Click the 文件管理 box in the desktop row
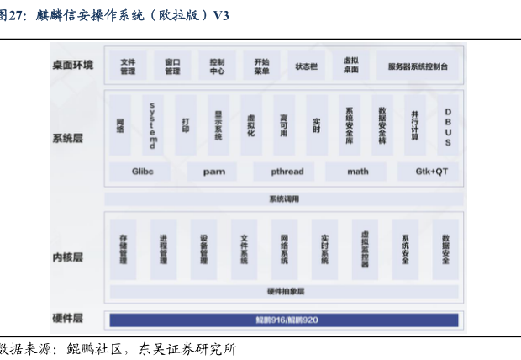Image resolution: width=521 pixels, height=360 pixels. click(128, 66)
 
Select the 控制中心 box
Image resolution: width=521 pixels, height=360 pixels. click(217, 66)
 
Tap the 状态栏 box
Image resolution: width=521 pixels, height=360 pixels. click(306, 66)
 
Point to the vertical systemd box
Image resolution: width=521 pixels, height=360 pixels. click(152, 124)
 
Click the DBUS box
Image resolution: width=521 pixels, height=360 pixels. click(448, 124)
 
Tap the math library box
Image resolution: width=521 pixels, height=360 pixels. click(358, 172)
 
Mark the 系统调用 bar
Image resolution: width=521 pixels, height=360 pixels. click(284, 199)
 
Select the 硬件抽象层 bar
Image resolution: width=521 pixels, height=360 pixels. click(284, 291)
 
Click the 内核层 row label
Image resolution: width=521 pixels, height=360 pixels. click(68, 257)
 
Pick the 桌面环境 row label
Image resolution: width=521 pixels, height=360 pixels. click(73, 65)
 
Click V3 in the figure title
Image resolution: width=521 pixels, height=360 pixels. click(222, 15)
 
